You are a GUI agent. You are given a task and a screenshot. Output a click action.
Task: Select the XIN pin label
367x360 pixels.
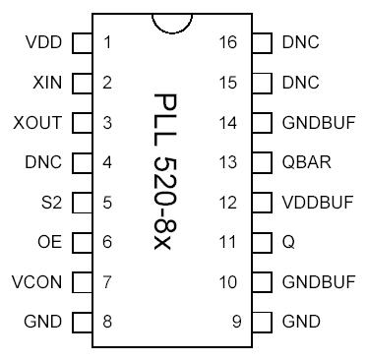pyautogui.click(x=47, y=83)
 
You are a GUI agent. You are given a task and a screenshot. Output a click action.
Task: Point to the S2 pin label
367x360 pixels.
pyautogui.click(x=51, y=203)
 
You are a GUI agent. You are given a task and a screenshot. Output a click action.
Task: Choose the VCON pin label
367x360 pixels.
pyautogui.click(x=37, y=282)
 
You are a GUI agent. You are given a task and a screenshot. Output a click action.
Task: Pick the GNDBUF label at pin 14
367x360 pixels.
pyautogui.click(x=318, y=123)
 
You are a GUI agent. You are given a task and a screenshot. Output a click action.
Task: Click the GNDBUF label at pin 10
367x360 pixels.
pyautogui.click(x=318, y=282)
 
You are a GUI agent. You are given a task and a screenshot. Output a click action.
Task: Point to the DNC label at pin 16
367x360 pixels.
pyautogui.click(x=300, y=42)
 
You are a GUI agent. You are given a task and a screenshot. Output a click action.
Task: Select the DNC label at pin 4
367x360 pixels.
pyautogui.click(x=43, y=162)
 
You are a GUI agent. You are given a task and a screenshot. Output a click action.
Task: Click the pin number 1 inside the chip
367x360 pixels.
pyautogui.click(x=106, y=42)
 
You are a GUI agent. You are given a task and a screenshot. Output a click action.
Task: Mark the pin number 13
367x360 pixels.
pyautogui.click(x=228, y=162)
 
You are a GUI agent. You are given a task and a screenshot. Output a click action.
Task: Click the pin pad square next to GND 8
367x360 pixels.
pyautogui.click(x=83, y=322)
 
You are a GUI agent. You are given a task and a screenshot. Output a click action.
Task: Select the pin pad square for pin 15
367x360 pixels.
pyautogui.click(x=262, y=83)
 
